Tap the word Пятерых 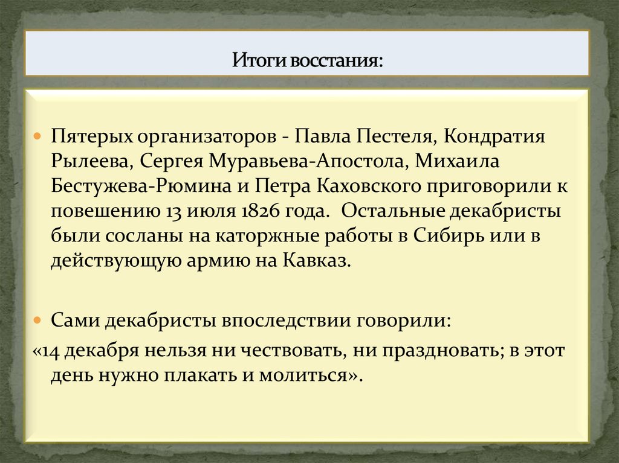91,136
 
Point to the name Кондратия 495,136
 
